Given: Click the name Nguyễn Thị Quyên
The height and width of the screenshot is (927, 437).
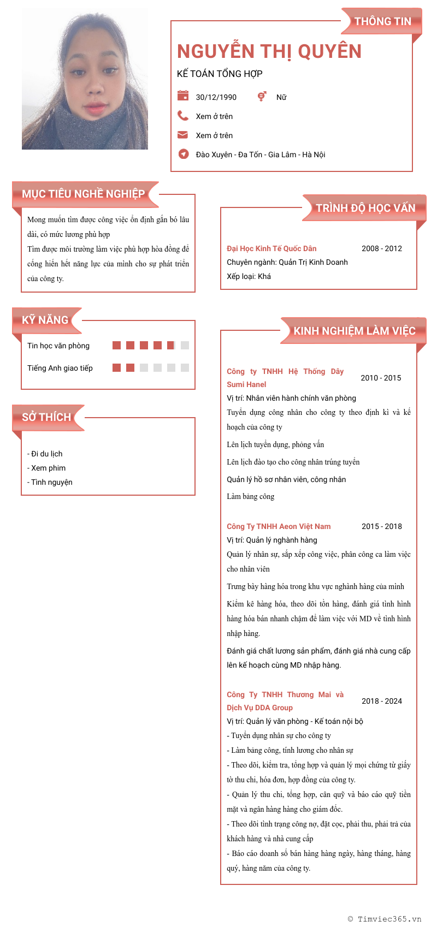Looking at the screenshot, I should [269, 51].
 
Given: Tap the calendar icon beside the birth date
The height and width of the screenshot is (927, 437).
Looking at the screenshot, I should [183, 96].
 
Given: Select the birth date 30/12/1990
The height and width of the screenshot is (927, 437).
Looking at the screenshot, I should [216, 97].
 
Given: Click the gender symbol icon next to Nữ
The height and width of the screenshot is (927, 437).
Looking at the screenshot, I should [262, 96].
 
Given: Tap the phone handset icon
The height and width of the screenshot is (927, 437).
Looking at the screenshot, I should [183, 116].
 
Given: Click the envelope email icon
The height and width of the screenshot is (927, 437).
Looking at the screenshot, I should [183, 135].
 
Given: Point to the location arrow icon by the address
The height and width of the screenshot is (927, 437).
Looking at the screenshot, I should [184, 154].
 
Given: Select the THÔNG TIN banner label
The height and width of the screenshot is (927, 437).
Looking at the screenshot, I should [382, 21].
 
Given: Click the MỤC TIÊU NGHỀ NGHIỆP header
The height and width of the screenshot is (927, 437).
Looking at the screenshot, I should [84, 194].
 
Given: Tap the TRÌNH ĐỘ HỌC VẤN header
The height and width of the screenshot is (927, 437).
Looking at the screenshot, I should [365, 208].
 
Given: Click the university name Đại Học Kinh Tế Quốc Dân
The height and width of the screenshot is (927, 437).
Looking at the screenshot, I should [271, 248].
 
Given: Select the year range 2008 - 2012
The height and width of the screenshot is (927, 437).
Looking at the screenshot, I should [382, 248].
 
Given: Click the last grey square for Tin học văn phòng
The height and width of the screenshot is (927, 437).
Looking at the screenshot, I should [185, 345].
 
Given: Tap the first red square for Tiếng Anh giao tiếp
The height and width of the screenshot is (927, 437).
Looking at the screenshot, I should [116, 367].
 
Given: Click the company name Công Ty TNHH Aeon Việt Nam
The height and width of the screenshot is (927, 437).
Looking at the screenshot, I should [279, 526].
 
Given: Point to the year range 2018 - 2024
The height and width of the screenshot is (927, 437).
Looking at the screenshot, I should [382, 701].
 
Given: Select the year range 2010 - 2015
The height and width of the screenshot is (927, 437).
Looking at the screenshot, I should [381, 378].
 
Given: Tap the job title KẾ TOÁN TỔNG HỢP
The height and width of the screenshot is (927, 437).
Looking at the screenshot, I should [220, 74].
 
